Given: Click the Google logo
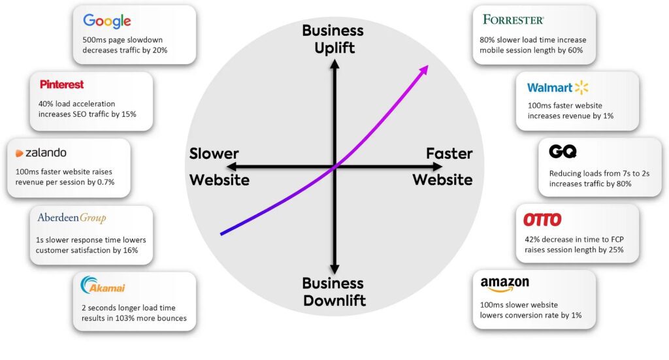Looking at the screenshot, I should click(x=107, y=21).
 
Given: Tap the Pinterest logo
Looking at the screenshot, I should click(x=61, y=85).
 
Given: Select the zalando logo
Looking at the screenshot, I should click(x=41, y=154).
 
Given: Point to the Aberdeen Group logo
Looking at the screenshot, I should click(x=71, y=218).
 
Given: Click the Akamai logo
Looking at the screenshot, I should click(x=103, y=286).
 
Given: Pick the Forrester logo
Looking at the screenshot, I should click(x=513, y=20).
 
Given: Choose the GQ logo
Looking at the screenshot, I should click(x=563, y=152).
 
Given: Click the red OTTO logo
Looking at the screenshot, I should click(x=542, y=220).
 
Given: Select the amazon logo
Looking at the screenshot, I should click(x=504, y=284).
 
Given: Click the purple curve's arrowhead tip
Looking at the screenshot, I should click(x=428, y=66).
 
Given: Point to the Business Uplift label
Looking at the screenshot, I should click(x=333, y=39).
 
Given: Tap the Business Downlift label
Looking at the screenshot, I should click(x=333, y=292).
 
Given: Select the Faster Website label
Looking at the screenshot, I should click(x=443, y=167).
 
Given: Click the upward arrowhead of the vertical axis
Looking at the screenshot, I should click(x=334, y=64).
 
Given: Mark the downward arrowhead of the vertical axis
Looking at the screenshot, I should click(x=334, y=269).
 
